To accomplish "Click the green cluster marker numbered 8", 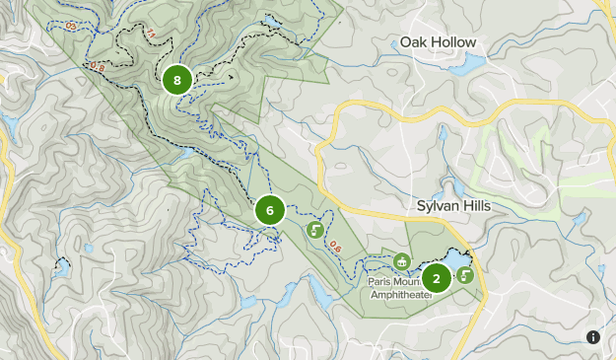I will [x=176, y=80].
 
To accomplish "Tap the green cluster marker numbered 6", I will [x=269, y=210].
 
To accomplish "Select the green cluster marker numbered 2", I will [x=436, y=278].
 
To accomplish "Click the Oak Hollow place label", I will [x=438, y=42].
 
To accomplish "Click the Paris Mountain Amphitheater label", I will [x=402, y=287].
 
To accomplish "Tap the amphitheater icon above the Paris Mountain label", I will [x=401, y=262].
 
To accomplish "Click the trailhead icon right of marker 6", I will [x=315, y=231].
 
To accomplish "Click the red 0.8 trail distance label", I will [x=98, y=66].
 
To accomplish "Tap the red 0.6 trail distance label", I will [x=335, y=247].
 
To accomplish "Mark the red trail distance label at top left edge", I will [x=70, y=25].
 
